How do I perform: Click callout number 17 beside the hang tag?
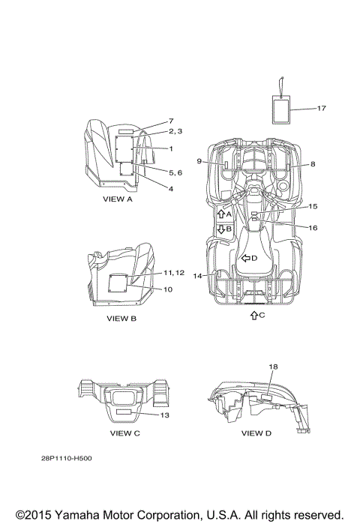(x=321, y=108)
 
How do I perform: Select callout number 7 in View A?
(x=171, y=121)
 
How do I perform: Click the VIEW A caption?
(x=118, y=199)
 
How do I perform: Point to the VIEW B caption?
(x=121, y=319)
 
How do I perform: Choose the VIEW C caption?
(x=125, y=433)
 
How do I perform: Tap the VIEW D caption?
(x=256, y=433)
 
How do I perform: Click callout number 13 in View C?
(x=165, y=415)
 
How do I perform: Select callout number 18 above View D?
(x=273, y=367)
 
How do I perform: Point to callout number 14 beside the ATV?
(x=197, y=276)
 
